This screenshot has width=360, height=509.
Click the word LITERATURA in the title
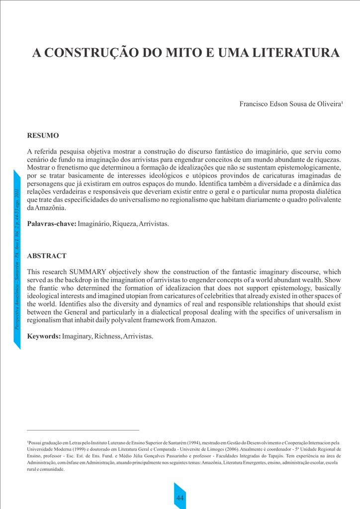click(x=297, y=53)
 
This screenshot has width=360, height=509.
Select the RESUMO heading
click(x=43, y=136)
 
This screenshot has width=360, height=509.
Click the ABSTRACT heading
click(x=47, y=256)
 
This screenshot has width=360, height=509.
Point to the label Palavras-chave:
click(x=52, y=224)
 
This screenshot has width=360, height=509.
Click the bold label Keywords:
click(x=44, y=337)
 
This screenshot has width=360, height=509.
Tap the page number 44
click(x=180, y=498)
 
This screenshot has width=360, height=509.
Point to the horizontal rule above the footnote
click(x=83, y=430)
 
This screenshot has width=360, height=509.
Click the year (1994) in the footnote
click(x=194, y=442)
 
